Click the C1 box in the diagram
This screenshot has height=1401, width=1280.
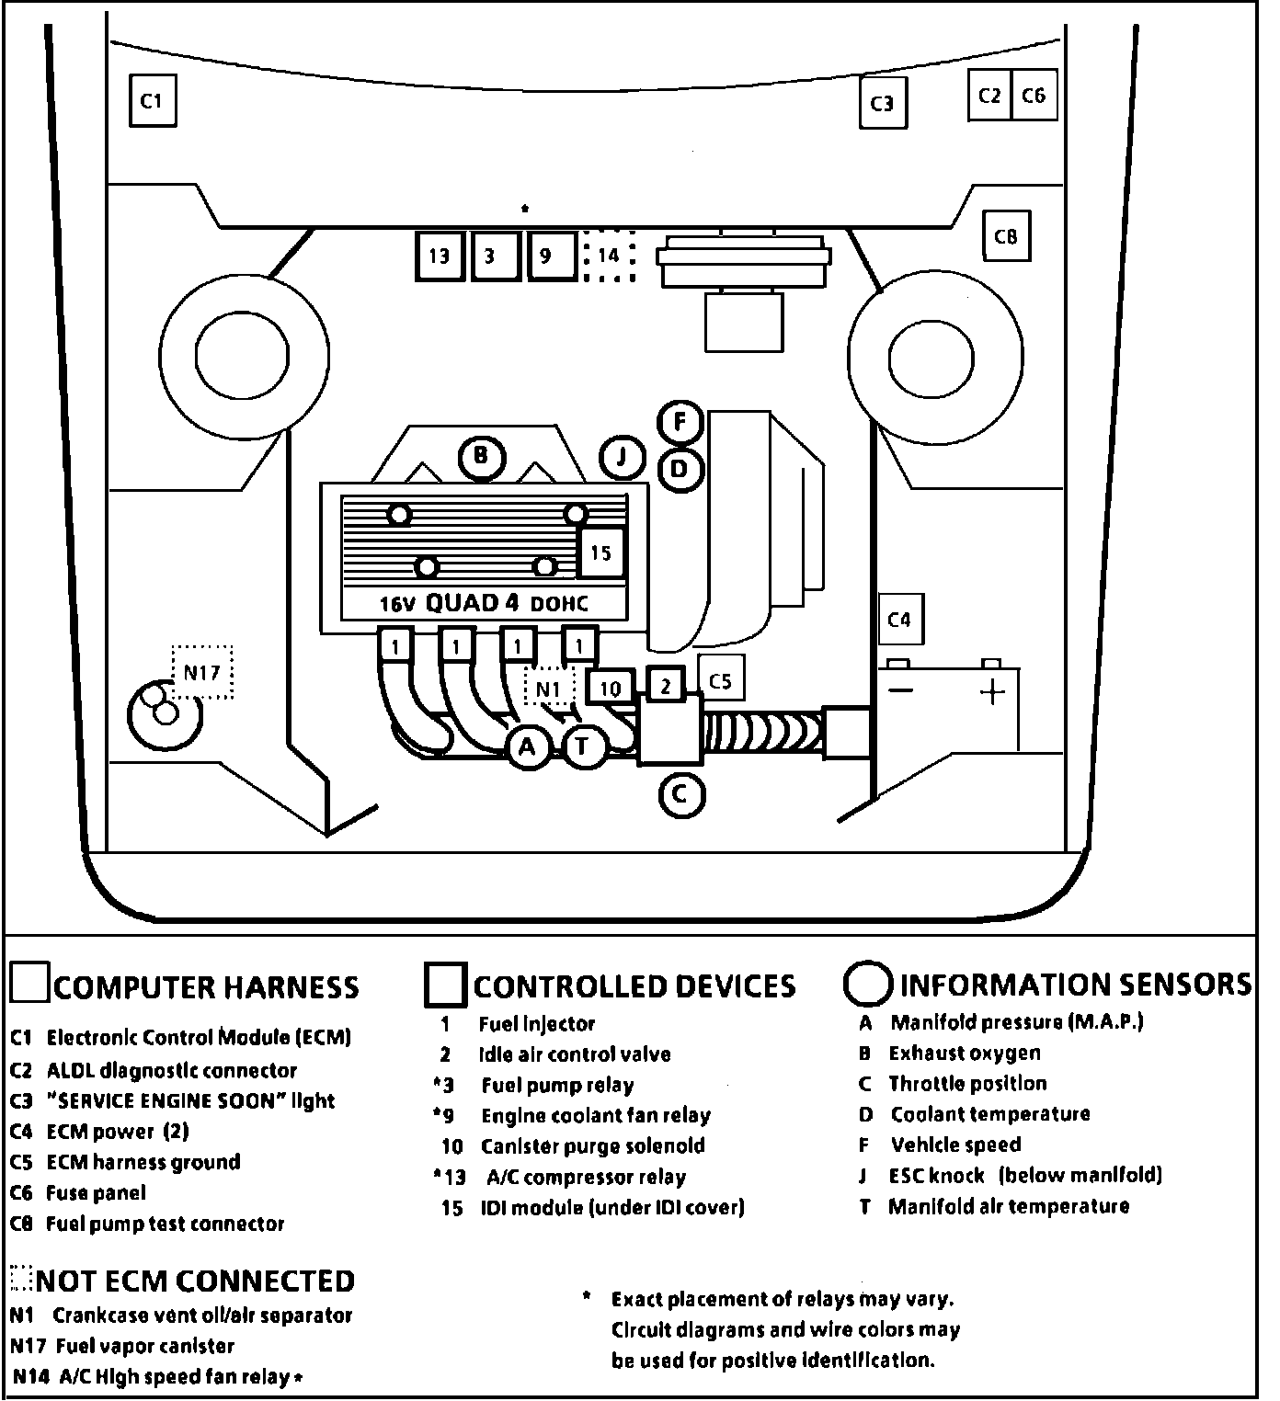click(152, 99)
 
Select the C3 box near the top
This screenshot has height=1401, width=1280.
click(882, 103)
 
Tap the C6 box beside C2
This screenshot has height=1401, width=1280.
click(1034, 96)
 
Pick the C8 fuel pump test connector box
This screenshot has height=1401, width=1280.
click(1006, 236)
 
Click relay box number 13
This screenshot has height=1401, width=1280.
click(440, 255)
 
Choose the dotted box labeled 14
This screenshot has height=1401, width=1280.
click(609, 255)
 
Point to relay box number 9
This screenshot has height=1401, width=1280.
click(546, 255)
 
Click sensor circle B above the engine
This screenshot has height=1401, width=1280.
click(482, 456)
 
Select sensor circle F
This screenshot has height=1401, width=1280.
click(680, 422)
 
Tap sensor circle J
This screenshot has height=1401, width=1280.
click(623, 457)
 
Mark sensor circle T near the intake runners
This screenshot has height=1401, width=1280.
click(581, 746)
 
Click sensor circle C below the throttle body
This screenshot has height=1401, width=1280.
click(681, 792)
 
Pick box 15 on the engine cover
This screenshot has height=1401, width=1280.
click(600, 552)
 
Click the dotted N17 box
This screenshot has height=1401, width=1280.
click(201, 672)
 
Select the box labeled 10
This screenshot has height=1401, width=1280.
click(610, 689)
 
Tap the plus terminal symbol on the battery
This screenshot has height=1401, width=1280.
click(992, 691)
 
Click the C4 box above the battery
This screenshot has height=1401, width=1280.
click(899, 620)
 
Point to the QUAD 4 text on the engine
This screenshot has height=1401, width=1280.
click(473, 603)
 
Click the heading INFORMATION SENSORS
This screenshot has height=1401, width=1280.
click(1075, 985)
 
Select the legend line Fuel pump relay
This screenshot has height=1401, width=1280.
click(557, 1086)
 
